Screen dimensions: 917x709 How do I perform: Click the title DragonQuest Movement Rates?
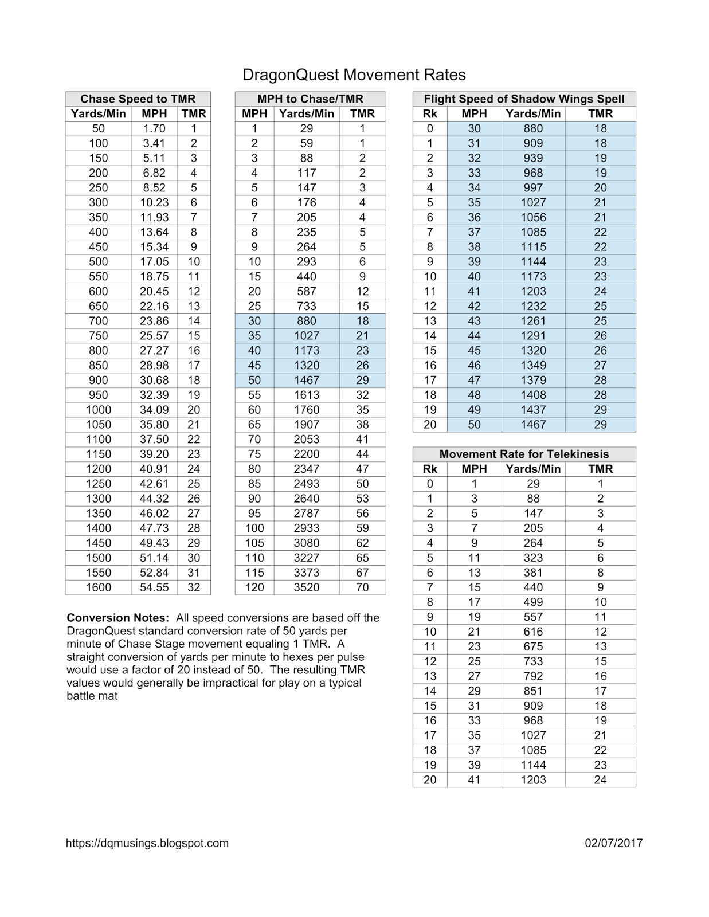pos(354,75)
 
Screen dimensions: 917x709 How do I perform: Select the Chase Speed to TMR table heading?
pos(138,99)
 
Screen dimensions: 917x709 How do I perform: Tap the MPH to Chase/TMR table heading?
pos(310,99)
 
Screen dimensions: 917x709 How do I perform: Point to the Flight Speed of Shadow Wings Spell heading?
pos(524,99)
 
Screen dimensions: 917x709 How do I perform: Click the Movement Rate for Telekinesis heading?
pos(524,454)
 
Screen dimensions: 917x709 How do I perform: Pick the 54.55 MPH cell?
pos(154,587)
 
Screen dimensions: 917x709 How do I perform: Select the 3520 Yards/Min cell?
pos(307,587)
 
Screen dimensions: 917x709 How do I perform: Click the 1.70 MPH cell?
pos(154,129)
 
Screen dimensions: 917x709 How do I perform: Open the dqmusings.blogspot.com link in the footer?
pos(147,843)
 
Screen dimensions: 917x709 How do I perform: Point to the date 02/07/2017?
pos(614,843)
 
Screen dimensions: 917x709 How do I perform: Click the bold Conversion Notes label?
pos(118,618)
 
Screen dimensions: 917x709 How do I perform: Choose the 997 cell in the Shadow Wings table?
pos(533,188)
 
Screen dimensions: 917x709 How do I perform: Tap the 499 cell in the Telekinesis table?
pos(533,602)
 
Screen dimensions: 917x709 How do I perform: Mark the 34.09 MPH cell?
pos(154,410)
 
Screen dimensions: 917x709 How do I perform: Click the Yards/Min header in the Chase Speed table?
pos(99,114)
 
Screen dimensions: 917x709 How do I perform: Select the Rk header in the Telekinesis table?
pos(430,469)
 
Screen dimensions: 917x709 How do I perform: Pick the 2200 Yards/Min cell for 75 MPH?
pos(307,454)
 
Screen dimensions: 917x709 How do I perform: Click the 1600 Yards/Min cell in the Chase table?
pos(99,587)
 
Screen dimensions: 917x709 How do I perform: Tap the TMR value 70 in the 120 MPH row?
pos(362,587)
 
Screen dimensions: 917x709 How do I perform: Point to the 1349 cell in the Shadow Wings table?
pos(533,366)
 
